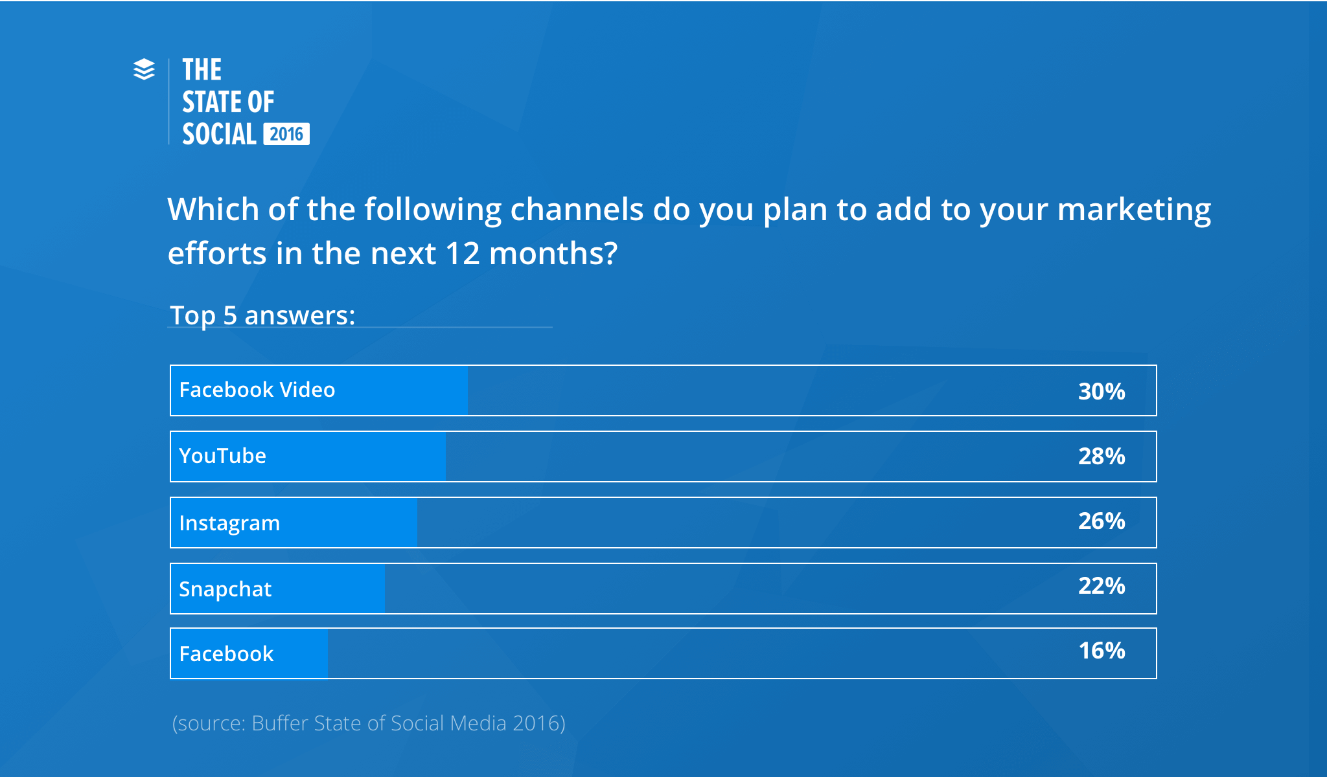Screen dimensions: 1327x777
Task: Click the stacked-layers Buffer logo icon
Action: (144, 69)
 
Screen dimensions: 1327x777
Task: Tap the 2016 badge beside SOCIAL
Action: (286, 134)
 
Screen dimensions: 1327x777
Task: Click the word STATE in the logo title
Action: (211, 102)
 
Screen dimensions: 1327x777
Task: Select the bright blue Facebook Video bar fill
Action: (319, 390)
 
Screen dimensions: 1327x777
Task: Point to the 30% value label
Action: (1102, 392)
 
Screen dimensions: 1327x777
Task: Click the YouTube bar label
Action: (222, 456)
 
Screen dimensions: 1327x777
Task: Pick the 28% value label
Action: (1102, 456)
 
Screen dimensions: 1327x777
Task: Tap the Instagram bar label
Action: (229, 523)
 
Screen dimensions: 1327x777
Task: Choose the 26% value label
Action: (1102, 521)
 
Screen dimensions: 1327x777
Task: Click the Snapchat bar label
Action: (225, 589)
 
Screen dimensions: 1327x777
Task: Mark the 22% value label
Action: (1102, 586)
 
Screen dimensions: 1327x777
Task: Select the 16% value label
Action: (1102, 651)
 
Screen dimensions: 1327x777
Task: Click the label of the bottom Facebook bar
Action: (226, 654)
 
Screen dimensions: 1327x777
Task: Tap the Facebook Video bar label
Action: (257, 390)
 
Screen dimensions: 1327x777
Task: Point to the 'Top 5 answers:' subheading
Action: (262, 315)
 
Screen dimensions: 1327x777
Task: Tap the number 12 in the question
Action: (463, 253)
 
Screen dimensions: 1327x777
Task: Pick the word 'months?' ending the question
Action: (553, 253)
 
